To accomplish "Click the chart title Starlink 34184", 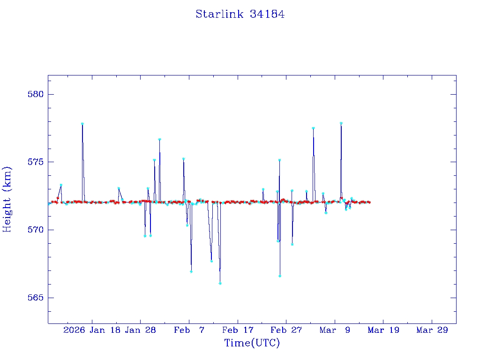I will tap(240, 15).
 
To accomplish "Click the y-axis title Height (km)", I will tap(7, 199).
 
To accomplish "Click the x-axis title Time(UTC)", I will tap(252, 343).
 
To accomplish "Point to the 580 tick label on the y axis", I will tap(36, 94).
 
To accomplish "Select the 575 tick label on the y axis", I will tap(36, 162).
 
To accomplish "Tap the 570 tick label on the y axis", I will tap(36, 230).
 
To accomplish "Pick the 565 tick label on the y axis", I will tap(36, 298).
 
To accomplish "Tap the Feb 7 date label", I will tap(189, 330).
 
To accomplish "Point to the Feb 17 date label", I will tap(237, 330).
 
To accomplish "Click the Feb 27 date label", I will tap(286, 330).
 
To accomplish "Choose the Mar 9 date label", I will tap(335, 330).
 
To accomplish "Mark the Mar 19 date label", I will tap(383, 330).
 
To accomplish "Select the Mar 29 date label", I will tap(432, 330).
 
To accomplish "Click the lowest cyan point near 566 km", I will tap(220, 284).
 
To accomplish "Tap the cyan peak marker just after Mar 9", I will tap(341, 123).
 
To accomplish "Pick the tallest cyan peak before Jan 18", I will tap(82, 124).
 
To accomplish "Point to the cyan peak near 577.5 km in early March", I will tap(313, 128).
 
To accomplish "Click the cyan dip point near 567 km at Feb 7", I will tap(191, 271).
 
